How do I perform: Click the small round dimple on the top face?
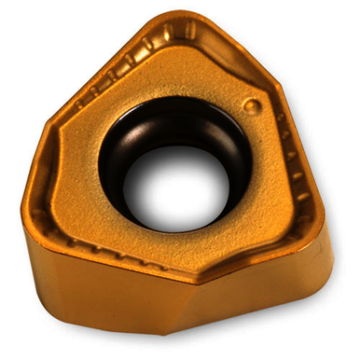(x=250, y=107)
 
